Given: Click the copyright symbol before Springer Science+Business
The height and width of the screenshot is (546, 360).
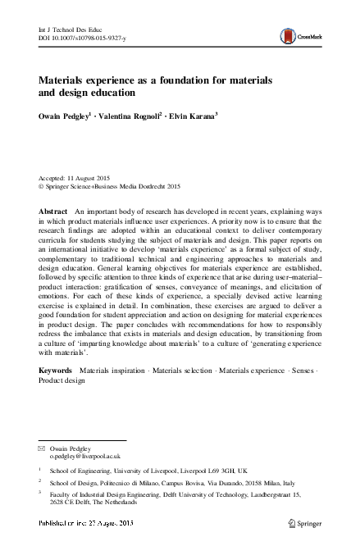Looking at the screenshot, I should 42,187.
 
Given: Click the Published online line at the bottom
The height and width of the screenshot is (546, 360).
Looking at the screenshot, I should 85,522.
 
